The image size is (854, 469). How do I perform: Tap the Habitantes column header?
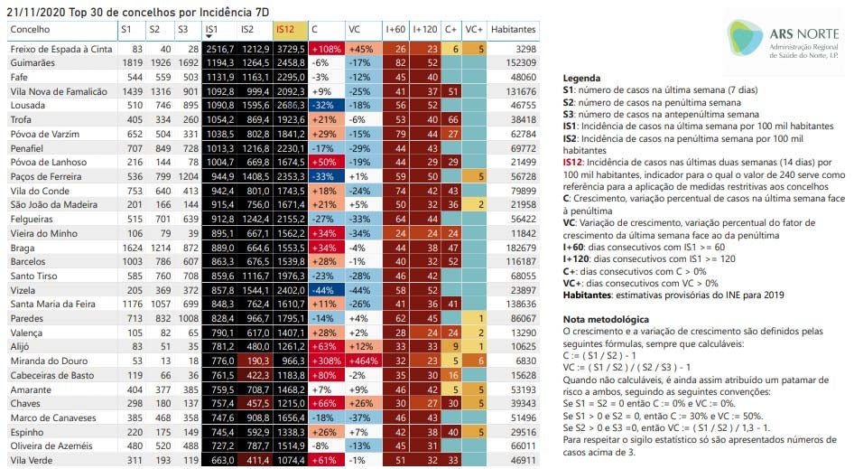point(516,30)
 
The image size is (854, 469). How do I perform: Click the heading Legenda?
point(581,79)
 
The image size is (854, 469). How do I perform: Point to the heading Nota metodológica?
point(604,320)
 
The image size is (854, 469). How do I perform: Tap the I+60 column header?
point(395,30)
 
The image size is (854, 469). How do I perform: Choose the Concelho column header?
point(30,30)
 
